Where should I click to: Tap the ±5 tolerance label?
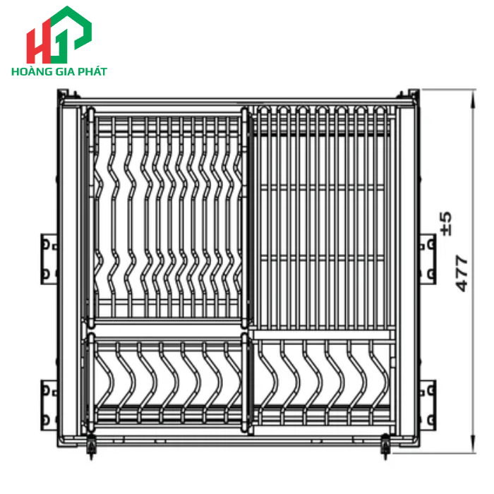click(x=446, y=223)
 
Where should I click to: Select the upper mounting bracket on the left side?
click(x=47, y=258)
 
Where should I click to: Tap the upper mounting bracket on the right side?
click(x=426, y=258)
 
